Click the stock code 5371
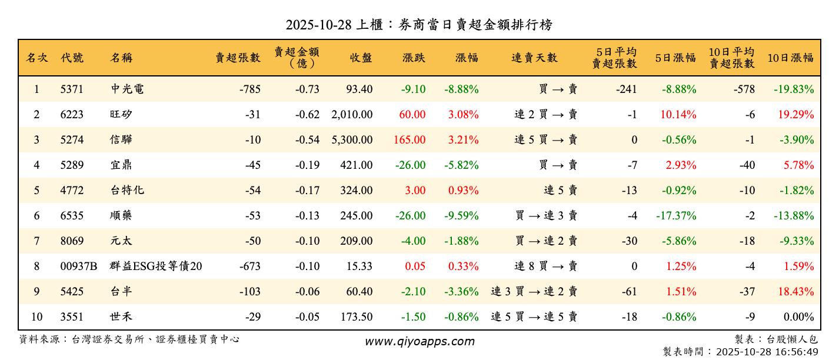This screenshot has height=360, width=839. click(x=72, y=89)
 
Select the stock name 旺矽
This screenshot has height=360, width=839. click(x=121, y=115)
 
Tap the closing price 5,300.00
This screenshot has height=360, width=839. click(x=352, y=140)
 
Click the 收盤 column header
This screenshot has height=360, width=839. click(x=361, y=58)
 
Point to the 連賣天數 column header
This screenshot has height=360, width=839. click(x=534, y=58)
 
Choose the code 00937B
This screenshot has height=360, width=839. click(x=79, y=266)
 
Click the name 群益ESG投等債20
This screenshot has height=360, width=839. click(x=156, y=266)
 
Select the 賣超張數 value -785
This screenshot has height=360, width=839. click(x=250, y=89)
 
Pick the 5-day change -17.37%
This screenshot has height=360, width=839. click(x=676, y=216)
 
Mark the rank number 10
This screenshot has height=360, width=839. click(x=36, y=317)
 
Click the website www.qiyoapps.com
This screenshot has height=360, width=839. click(x=419, y=341)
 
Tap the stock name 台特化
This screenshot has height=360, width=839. click(x=126, y=191)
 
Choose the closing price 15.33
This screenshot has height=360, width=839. click(x=359, y=266)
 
